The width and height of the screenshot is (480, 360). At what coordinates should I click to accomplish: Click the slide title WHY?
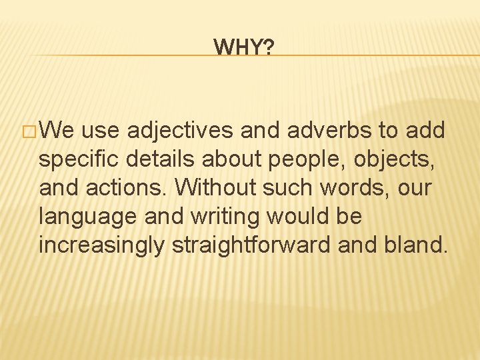(x=243, y=47)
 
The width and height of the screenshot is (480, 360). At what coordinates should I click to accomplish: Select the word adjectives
(x=180, y=131)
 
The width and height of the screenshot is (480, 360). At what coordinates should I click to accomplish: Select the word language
(x=86, y=217)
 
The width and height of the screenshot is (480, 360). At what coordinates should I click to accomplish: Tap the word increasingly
(x=101, y=246)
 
